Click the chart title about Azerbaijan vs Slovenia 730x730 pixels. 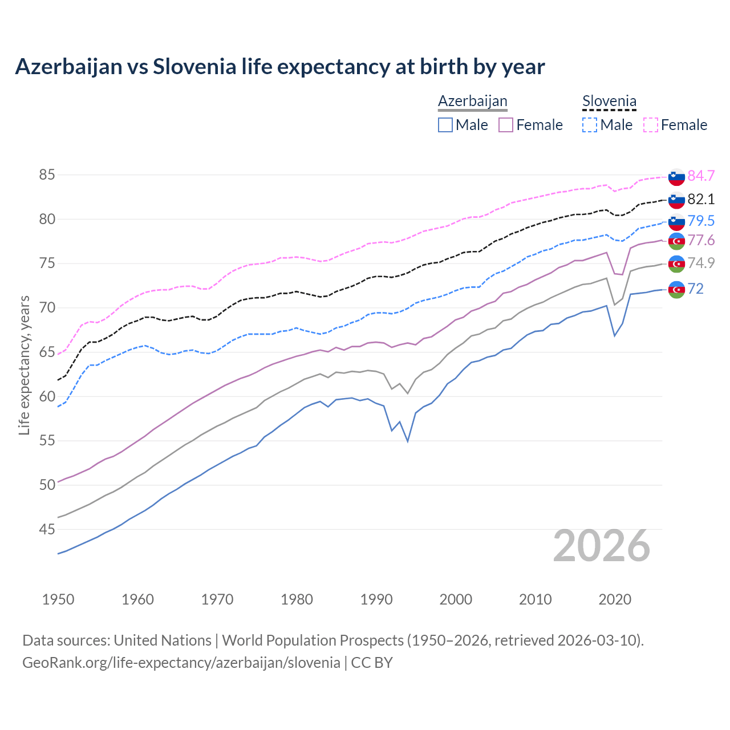pyautogui.click(x=279, y=67)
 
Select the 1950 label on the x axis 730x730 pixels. pyautogui.click(x=58, y=599)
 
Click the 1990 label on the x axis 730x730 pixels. pyautogui.click(x=376, y=599)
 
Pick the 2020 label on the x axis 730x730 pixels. pyautogui.click(x=615, y=599)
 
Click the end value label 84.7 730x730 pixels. pyautogui.click(x=701, y=176)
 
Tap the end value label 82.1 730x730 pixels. pyautogui.click(x=701, y=199)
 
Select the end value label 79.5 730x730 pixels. pyautogui.click(x=701, y=221)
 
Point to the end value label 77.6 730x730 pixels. pyautogui.click(x=701, y=240)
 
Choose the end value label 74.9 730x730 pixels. pyautogui.click(x=701, y=263)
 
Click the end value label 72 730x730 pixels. pyautogui.click(x=696, y=289)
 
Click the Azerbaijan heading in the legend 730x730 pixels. pyautogui.click(x=472, y=101)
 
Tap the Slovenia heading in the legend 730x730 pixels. pyautogui.click(x=609, y=102)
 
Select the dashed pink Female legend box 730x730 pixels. pyautogui.click(x=651, y=125)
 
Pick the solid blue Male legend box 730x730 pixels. pyautogui.click(x=445, y=125)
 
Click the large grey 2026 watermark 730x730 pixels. pyautogui.click(x=602, y=546)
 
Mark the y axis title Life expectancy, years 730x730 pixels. pyautogui.click(x=24, y=365)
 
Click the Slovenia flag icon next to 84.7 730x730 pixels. pyautogui.click(x=676, y=177)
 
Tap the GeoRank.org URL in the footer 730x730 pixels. pyautogui.click(x=181, y=663)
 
